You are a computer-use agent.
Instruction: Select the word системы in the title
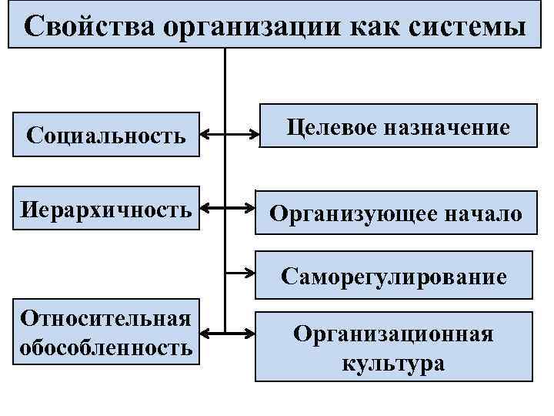[462, 26]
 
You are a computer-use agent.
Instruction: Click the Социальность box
[106, 136]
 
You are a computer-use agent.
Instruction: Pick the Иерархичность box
[106, 208]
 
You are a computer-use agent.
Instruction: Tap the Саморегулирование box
[394, 275]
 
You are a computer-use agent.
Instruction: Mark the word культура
[394, 363]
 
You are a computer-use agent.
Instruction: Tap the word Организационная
[394, 334]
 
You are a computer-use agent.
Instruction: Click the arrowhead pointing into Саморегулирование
[252, 273]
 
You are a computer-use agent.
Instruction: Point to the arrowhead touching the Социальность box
[205, 136]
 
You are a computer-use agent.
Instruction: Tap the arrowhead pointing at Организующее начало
[252, 208]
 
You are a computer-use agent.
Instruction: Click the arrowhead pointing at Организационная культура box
[252, 334]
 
